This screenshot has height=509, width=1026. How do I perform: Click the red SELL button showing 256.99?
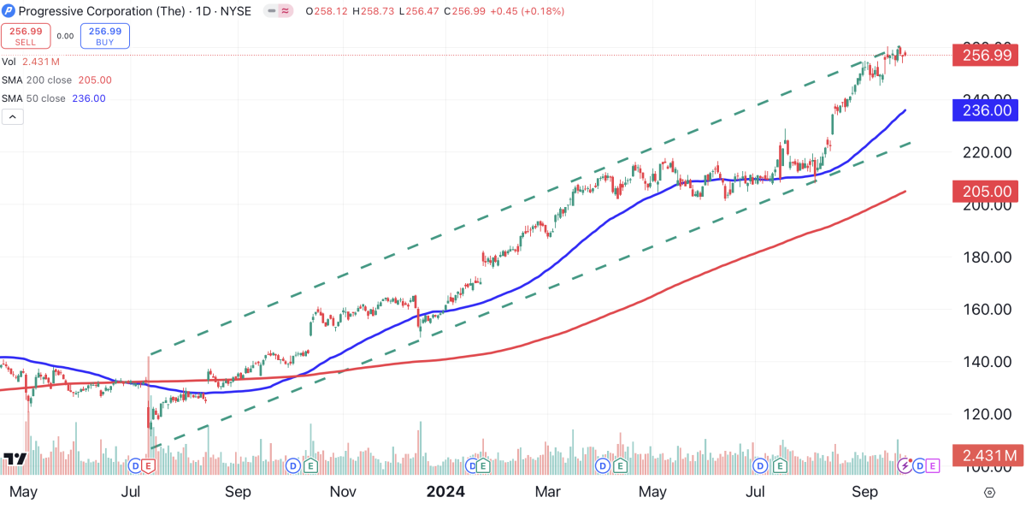(24, 35)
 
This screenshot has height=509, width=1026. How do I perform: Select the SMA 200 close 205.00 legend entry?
(56, 80)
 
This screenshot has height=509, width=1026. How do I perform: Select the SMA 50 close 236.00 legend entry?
(53, 98)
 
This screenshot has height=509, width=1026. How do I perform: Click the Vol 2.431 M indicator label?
(30, 62)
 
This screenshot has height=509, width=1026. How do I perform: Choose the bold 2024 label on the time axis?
(445, 492)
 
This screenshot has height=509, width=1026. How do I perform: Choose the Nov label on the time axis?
(342, 492)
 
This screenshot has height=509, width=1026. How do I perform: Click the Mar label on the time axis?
(548, 492)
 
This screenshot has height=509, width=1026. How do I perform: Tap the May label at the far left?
(23, 492)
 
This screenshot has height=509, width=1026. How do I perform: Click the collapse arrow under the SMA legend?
(13, 117)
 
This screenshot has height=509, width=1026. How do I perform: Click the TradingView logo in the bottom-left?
(15, 459)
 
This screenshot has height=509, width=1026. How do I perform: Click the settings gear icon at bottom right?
(989, 493)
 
